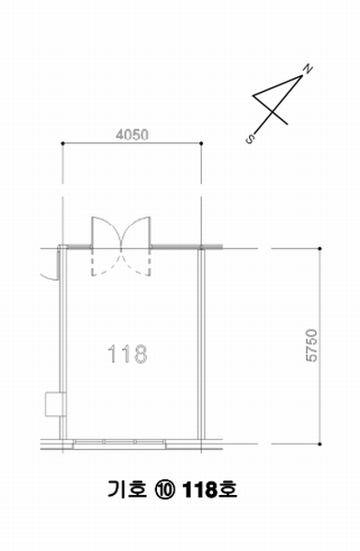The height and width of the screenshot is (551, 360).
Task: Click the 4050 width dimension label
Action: [x=132, y=135]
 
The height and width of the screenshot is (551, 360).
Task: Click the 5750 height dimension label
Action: [x=311, y=345]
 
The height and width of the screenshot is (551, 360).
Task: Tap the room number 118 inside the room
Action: [x=128, y=354]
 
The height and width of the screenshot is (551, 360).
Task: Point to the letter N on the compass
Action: [x=308, y=69]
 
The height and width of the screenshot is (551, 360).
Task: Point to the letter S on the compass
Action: [x=250, y=139]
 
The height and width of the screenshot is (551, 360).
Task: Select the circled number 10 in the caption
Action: [x=165, y=489]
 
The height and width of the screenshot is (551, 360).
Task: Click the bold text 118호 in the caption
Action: [x=210, y=489]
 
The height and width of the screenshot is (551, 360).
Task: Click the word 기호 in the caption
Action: [x=127, y=489]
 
